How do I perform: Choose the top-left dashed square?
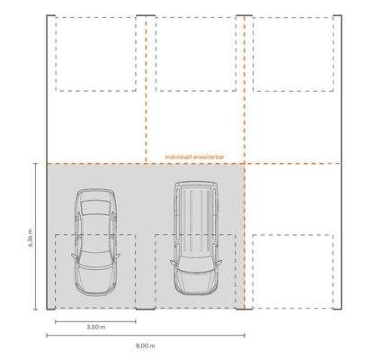pyautogui.click(x=95, y=54)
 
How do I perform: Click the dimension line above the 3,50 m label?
pyautogui.click(x=96, y=320)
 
